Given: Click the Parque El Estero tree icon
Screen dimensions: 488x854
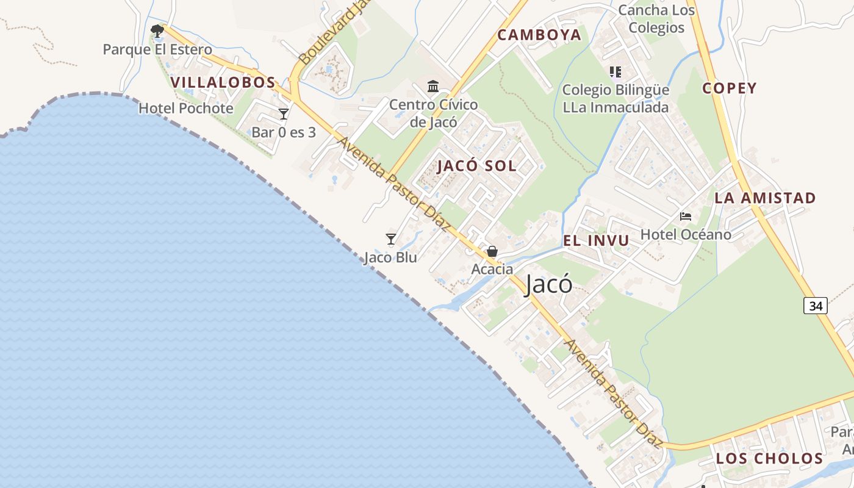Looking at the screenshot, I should point(157,30).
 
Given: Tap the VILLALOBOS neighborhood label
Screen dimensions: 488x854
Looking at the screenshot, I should point(223,82).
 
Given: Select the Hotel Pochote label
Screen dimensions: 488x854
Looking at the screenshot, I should point(186,109).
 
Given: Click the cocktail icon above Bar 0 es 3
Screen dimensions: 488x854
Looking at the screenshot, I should point(284,113).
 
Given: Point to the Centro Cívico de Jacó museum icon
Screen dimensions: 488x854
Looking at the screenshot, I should point(433,86).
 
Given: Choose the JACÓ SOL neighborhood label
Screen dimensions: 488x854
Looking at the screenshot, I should point(477,166).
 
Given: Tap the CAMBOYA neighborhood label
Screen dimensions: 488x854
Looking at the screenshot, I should point(539,35).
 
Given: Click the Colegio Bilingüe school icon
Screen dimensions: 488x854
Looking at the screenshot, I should point(615,72).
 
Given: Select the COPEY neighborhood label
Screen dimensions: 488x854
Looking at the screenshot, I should point(729,88).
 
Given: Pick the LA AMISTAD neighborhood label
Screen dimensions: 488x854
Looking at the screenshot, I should point(765,198).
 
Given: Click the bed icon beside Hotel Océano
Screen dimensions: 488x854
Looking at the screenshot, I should point(686,217).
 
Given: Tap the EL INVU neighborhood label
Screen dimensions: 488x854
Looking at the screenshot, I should point(595,240).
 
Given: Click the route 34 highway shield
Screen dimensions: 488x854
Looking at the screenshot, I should point(815,306).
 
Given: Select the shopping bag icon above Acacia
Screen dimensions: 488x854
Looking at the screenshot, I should point(492,251).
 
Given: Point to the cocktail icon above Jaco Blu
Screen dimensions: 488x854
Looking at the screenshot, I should point(391,239).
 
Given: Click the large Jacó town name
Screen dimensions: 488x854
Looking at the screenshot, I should point(549,285).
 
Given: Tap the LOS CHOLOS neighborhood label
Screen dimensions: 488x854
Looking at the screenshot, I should point(769,458).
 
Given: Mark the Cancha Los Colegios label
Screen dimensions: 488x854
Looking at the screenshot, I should point(656,19).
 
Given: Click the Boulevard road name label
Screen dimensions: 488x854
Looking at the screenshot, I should point(334,34).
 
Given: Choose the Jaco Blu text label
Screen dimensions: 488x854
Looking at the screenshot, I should point(390,257).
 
